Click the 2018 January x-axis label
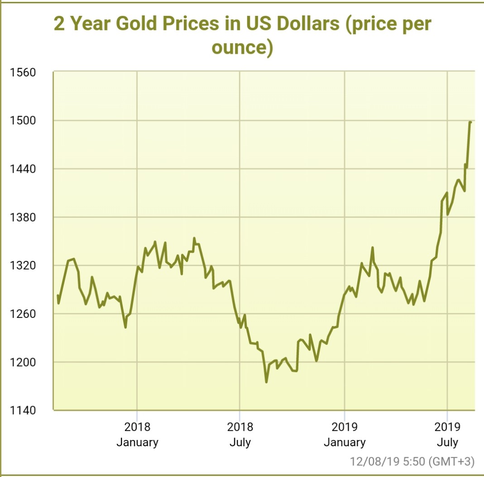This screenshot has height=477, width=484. point(137,434)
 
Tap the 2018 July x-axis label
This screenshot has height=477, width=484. point(240,434)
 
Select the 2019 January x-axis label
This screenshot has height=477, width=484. point(345,434)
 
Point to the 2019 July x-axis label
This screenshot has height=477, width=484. point(447,434)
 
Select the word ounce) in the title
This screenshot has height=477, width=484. point(242,47)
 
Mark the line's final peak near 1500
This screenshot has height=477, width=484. point(470,122)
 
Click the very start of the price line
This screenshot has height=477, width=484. point(58,295)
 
